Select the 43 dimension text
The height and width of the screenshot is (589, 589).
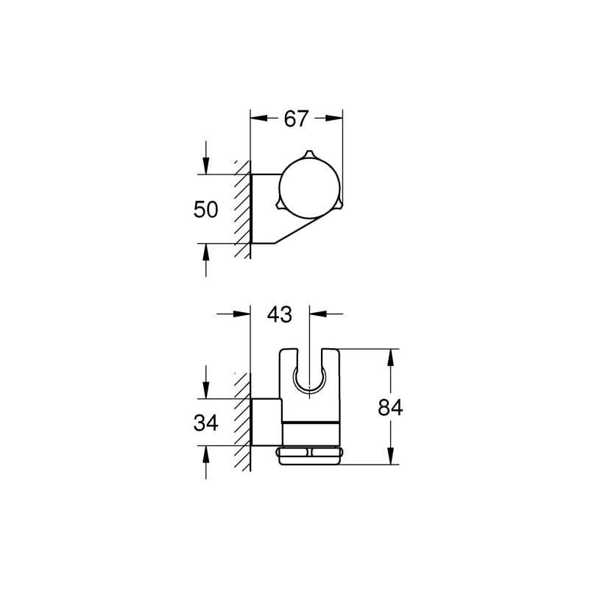(280, 314)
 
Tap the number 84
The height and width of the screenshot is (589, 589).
(389, 407)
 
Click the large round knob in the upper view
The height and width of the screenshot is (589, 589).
(310, 188)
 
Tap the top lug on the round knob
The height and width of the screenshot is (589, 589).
(310, 156)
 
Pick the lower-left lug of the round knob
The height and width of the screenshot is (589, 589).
(281, 205)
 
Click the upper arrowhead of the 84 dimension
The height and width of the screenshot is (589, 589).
(390, 354)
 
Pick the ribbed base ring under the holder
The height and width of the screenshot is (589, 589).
(310, 455)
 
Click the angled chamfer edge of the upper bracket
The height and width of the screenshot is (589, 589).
(294, 231)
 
